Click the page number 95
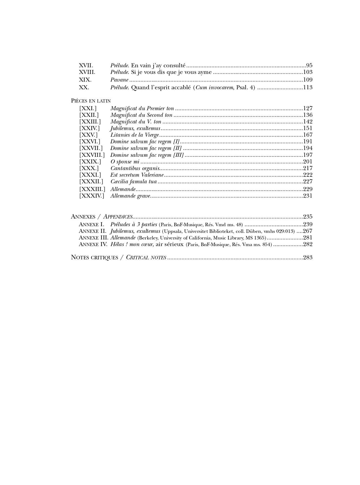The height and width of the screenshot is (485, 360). tap(309, 66)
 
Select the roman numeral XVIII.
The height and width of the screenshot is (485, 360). tap(87, 72)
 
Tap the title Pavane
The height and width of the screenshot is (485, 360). tap(119, 80)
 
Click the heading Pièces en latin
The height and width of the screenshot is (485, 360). tap(91, 101)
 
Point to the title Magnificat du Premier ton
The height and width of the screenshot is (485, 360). tap(142, 109)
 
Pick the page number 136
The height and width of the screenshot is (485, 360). tap(308, 115)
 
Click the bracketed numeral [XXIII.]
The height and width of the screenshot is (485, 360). tap(90, 122)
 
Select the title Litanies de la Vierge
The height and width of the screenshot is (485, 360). tap(135, 135)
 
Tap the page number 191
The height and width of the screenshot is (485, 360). tap(308, 142)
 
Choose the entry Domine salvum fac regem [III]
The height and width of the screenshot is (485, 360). tap(147, 155)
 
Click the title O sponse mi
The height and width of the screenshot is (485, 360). tap(125, 162)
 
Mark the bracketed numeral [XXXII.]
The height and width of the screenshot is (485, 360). tap(91, 181)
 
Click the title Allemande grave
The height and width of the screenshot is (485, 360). tap(130, 196)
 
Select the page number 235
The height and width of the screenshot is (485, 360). tap(308, 217)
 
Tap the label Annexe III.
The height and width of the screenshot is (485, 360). tap(93, 238)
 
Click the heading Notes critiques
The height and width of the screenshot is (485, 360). tap(94, 257)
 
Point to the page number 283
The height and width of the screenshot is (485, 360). tap(308, 257)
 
